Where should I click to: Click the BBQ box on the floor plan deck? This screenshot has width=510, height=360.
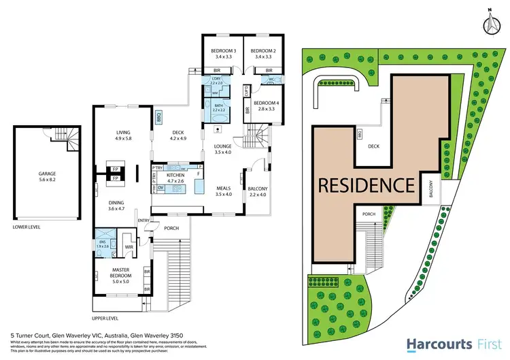coord(158,116)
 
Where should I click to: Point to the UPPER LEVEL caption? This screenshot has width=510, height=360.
coord(105,318)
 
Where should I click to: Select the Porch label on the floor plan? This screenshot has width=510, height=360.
coord(171,228)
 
